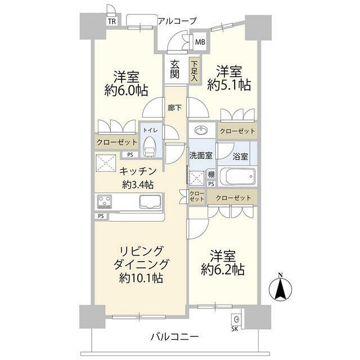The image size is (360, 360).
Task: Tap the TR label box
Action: [x=112, y=21]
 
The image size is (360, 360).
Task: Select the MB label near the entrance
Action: [x=200, y=40]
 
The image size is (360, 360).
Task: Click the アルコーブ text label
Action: [x=176, y=21]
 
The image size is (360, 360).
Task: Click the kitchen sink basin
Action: [x=150, y=201]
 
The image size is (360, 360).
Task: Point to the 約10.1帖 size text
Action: [x=140, y=277]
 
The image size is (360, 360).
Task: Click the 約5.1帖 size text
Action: [x=228, y=85]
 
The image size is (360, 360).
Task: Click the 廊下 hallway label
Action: [x=175, y=107]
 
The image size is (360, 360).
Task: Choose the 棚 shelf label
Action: [x=211, y=174]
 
